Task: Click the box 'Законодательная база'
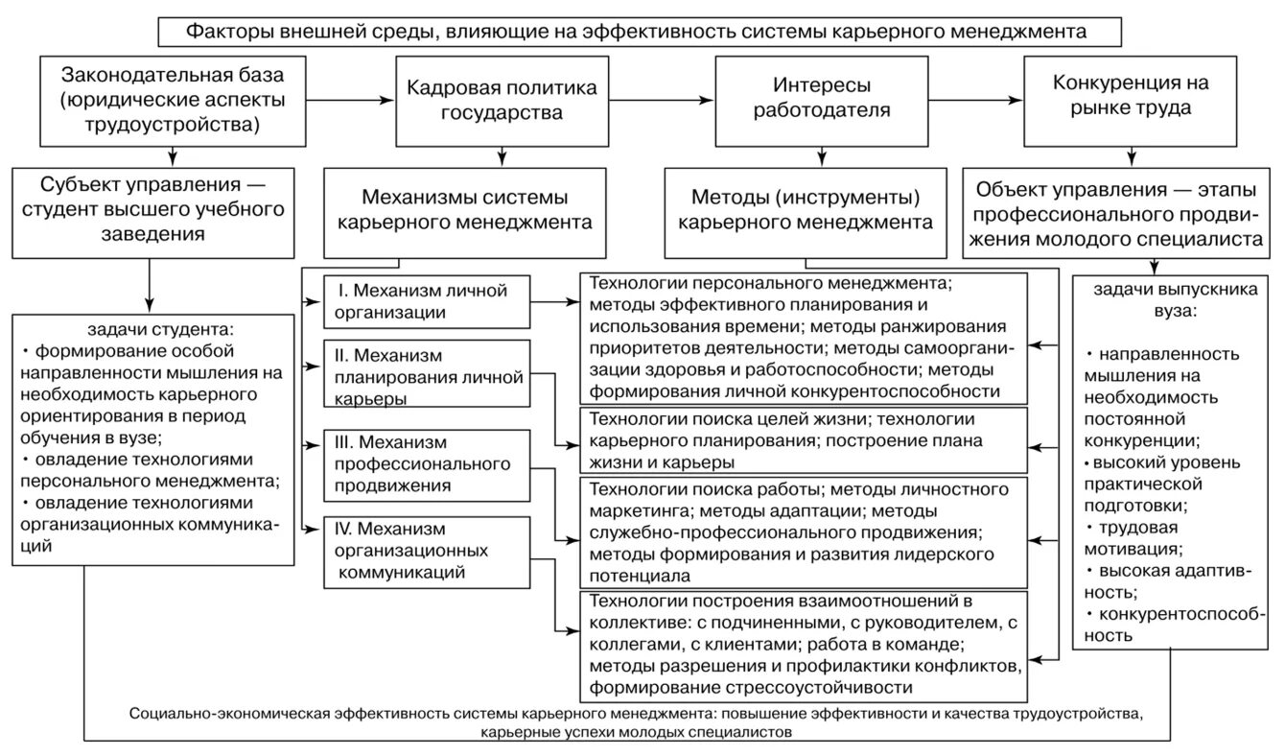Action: coord(172,99)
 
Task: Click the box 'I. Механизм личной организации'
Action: coord(427,300)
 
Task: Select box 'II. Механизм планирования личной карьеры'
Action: coord(427,372)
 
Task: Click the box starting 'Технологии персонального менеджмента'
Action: coord(804,338)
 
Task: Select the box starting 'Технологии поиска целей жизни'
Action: coord(804,438)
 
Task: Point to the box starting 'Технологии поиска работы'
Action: coord(804,531)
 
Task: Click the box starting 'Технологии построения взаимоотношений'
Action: coord(804,645)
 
